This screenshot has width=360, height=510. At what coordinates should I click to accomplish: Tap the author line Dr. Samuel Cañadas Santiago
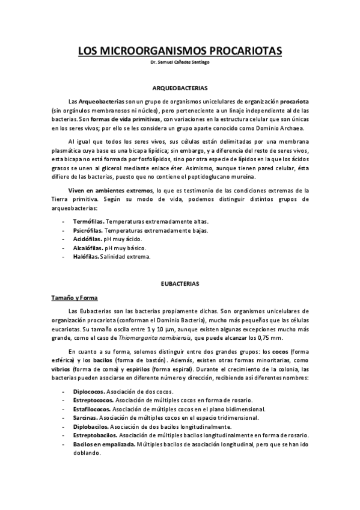click(x=180, y=63)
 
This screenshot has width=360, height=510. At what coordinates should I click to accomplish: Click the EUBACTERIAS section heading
click(x=180, y=282)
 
